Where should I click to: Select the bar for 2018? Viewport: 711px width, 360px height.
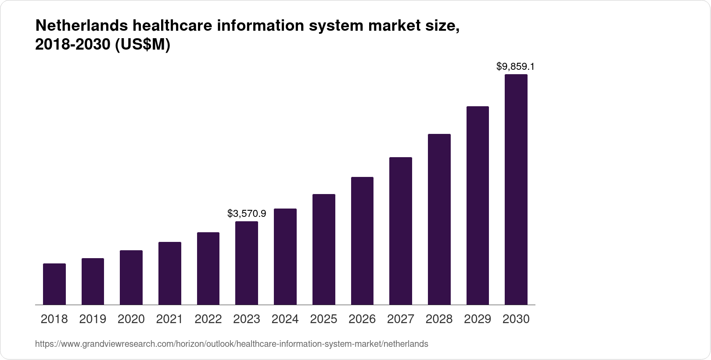[54, 284]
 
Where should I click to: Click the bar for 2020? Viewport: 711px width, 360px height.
[131, 277]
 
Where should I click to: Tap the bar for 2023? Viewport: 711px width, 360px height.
[247, 263]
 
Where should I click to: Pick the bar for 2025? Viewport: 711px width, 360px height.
[324, 249]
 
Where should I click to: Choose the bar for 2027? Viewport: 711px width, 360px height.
[401, 231]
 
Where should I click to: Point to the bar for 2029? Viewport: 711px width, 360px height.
[478, 205]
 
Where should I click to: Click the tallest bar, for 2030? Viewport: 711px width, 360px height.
[516, 190]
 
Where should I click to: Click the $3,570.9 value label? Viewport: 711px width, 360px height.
[247, 214]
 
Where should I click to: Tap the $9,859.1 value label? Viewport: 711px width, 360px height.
[516, 67]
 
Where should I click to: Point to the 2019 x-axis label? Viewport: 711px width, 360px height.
[93, 319]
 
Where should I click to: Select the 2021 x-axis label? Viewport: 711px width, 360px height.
[169, 319]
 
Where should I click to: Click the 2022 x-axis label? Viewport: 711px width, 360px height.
[208, 319]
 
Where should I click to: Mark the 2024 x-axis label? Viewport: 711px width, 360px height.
[285, 319]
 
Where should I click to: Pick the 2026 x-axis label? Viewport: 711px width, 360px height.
[362, 319]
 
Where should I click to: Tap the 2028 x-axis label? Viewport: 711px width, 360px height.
[439, 319]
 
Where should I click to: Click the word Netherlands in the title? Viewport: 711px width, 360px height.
[81, 26]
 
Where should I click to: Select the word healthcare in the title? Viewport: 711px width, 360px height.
[172, 26]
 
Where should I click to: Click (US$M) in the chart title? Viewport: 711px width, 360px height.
[142, 45]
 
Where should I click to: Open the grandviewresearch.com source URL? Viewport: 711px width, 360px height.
[231, 344]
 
